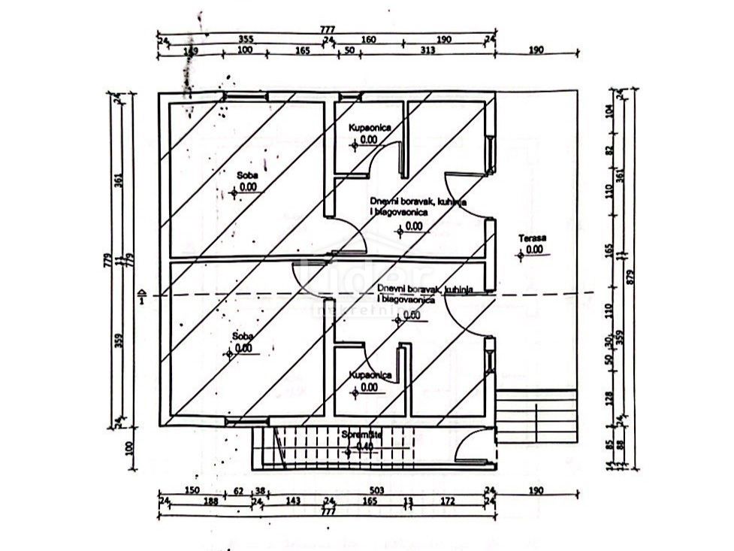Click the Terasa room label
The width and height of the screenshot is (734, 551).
click(532, 239)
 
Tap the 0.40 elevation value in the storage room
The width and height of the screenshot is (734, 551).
click(364, 445)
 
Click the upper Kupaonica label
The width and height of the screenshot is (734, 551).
click(369, 129)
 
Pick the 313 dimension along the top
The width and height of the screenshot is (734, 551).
click(427, 50)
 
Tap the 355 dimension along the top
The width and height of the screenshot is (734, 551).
click(245, 39)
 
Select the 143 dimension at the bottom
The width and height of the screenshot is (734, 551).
click(293, 501)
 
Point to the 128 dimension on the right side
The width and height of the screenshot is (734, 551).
click(610, 396)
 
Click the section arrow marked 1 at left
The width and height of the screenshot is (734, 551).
click(143, 295)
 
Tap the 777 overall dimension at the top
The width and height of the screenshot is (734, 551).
click(328, 29)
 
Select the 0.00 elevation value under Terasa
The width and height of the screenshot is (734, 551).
click(533, 250)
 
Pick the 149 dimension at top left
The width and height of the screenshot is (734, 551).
click(191, 50)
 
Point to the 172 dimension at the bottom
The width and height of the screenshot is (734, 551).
click(448, 501)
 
